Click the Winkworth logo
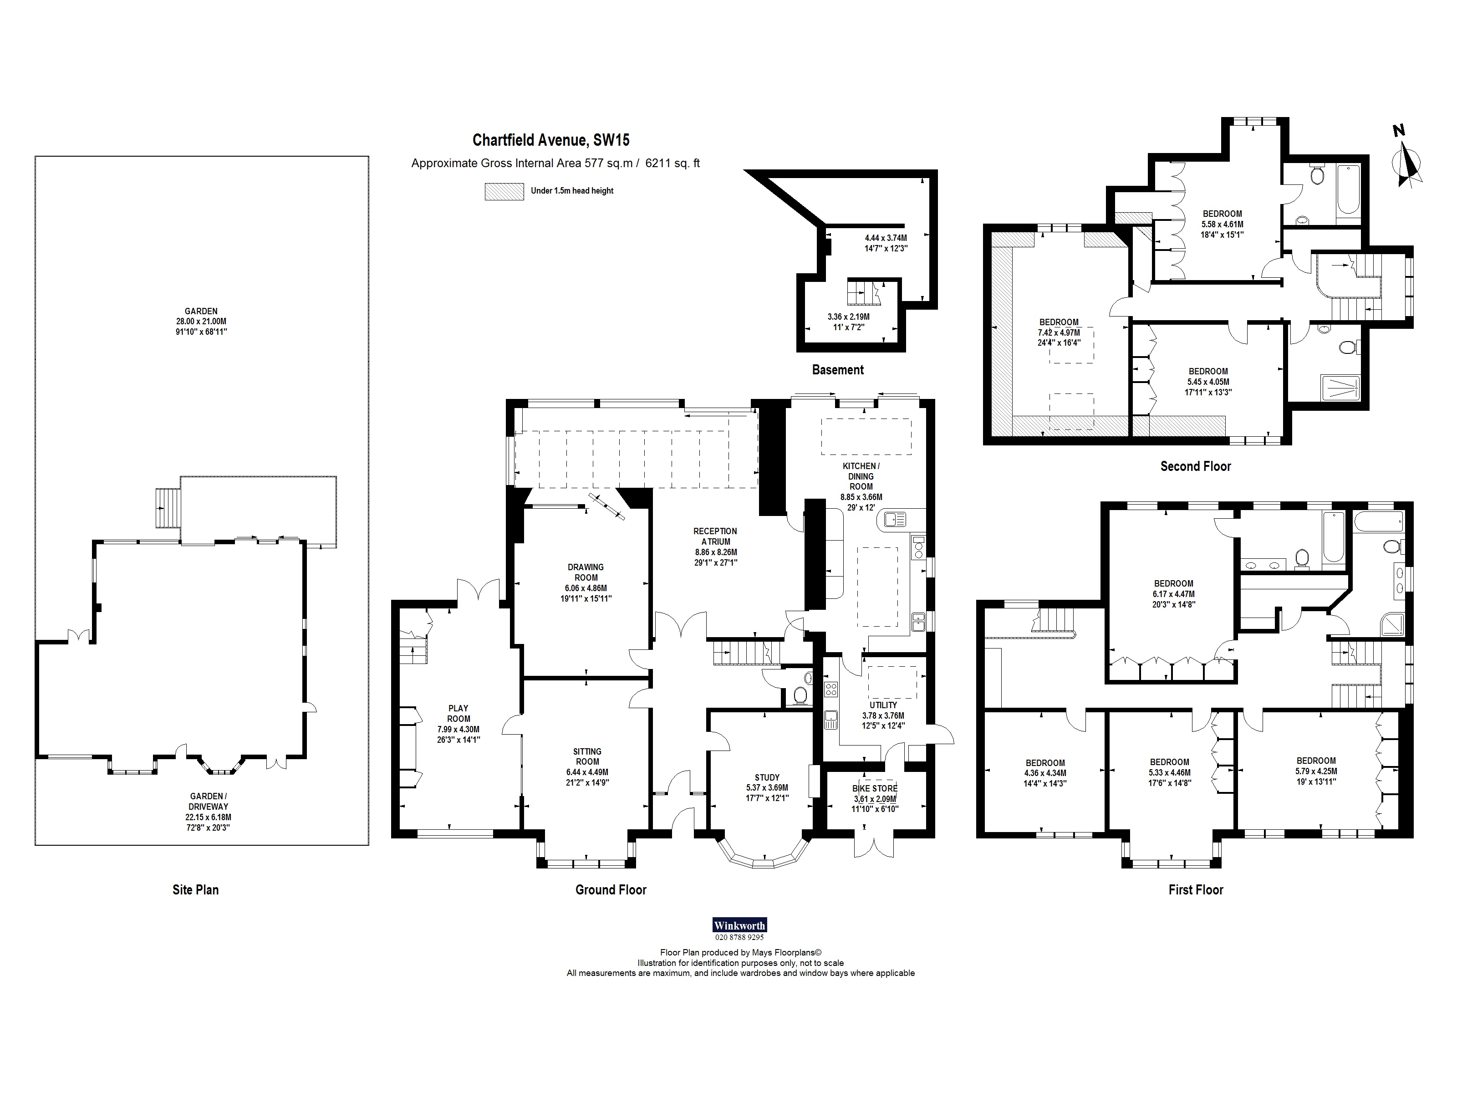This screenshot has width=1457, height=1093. click(x=740, y=925)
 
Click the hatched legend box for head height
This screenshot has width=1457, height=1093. click(x=504, y=191)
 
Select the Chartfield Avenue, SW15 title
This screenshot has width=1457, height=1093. click(x=550, y=140)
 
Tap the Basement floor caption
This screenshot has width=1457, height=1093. click(x=837, y=370)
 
